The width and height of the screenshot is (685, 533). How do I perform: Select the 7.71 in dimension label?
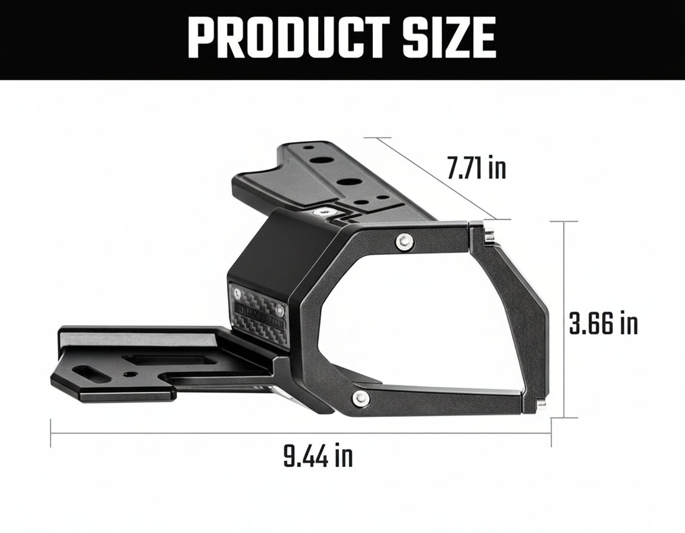[476, 168]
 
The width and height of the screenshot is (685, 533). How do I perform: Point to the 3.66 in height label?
[603, 324]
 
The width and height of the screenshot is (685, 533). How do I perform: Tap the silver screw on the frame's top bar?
[405, 240]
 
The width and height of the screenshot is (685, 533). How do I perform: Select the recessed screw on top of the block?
[323, 211]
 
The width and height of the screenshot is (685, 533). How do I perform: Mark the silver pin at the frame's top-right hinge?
[488, 236]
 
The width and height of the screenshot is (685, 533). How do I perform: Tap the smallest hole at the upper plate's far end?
[308, 147]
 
